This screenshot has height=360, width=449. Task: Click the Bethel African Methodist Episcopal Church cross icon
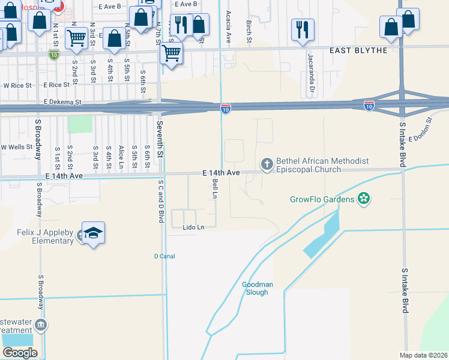(267, 164)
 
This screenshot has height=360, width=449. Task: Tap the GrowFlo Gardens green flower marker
(363, 198)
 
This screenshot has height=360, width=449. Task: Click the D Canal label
(164, 256)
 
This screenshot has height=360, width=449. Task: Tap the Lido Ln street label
(194, 227)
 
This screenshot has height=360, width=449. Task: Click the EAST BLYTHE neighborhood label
(358, 50)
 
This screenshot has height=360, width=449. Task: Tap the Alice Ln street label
(121, 157)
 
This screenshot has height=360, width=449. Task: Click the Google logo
(20, 353)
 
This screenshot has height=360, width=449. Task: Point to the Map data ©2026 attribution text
(423, 355)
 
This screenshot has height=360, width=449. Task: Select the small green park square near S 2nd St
(80, 124)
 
